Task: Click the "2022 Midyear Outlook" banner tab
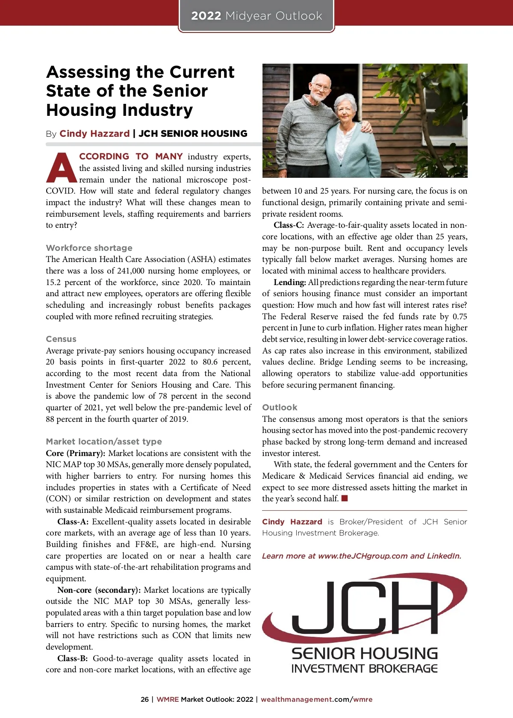pos(256,16)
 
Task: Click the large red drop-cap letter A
pos(61,168)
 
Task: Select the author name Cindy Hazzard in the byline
pos(94,134)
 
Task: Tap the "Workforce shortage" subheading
pos(89,248)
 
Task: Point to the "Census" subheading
pos(61,339)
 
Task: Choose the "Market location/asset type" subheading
pos(104,441)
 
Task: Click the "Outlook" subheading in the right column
pos(280,407)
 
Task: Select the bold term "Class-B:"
pos(73,659)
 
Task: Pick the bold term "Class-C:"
pos(289,225)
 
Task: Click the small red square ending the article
pos(345,498)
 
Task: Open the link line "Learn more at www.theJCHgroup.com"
pos(361,556)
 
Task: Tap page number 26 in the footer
pos(144,700)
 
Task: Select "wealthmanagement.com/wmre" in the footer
pos(316,700)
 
